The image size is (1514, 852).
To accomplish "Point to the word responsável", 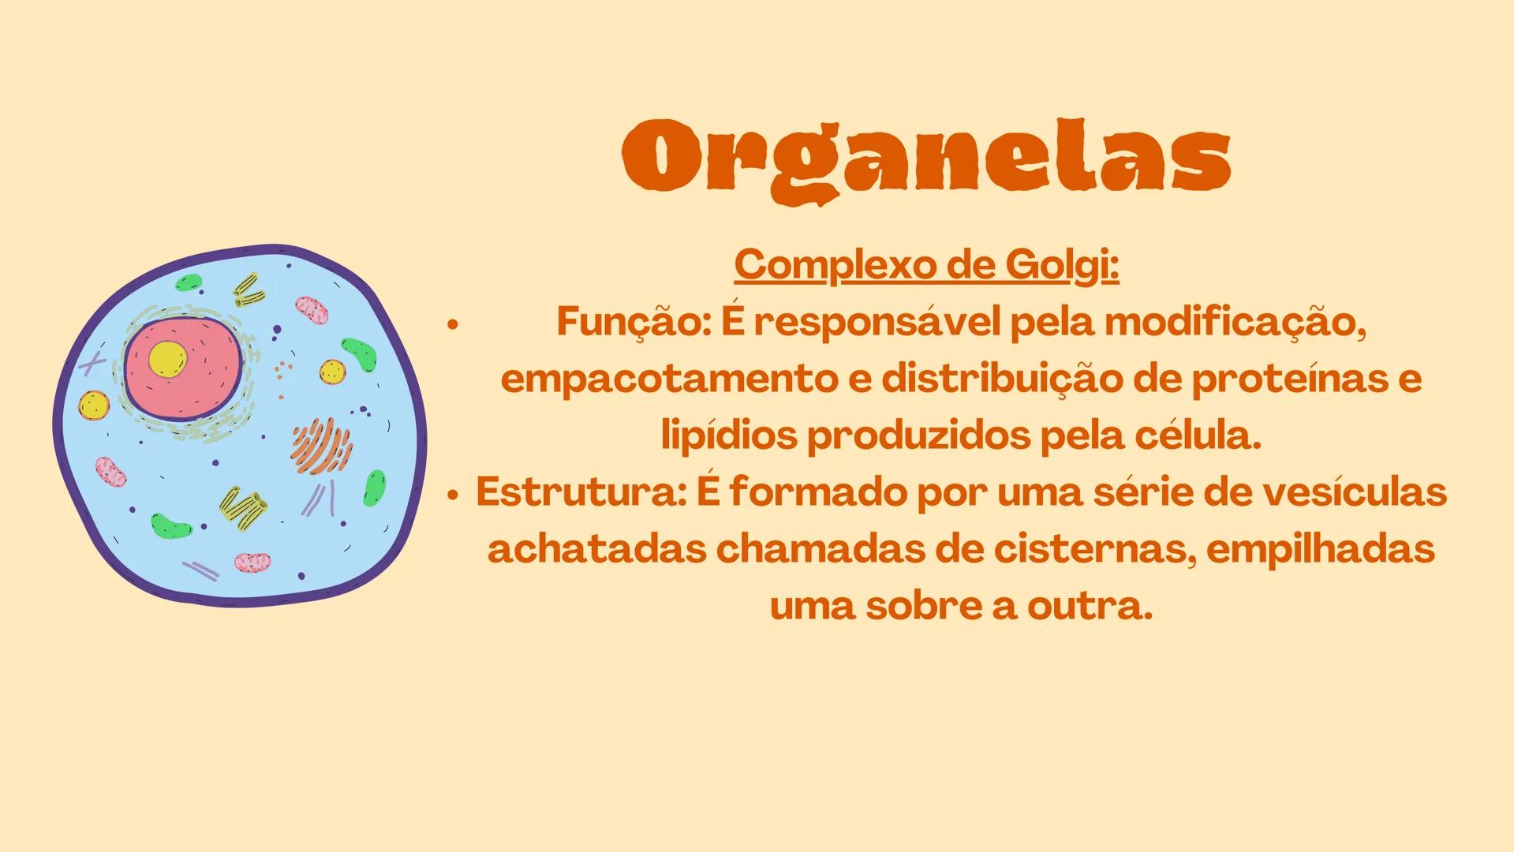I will pyautogui.click(x=877, y=322).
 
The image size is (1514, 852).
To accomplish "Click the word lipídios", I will pyautogui.click(x=728, y=436).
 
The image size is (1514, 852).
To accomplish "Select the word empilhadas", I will pyautogui.click(x=1320, y=550).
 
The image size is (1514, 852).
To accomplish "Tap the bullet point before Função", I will pyautogui.click(x=452, y=324).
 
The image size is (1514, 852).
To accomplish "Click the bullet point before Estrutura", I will pyautogui.click(x=452, y=495).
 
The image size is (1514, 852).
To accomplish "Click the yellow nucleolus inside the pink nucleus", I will pyautogui.click(x=167, y=360).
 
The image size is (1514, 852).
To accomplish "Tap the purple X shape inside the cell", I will pyautogui.click(x=92, y=364).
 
